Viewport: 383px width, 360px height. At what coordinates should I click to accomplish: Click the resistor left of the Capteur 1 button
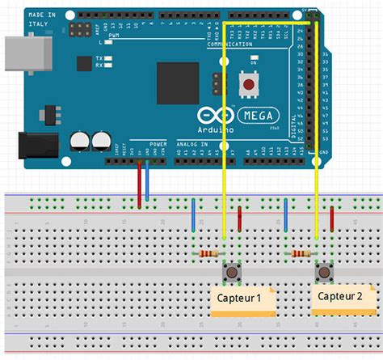208,254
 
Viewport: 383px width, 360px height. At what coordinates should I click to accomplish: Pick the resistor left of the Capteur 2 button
301,253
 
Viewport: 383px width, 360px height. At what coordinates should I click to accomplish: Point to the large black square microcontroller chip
177,83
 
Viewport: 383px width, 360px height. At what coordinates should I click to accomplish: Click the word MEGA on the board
260,115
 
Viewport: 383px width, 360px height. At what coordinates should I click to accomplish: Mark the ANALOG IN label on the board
193,144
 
